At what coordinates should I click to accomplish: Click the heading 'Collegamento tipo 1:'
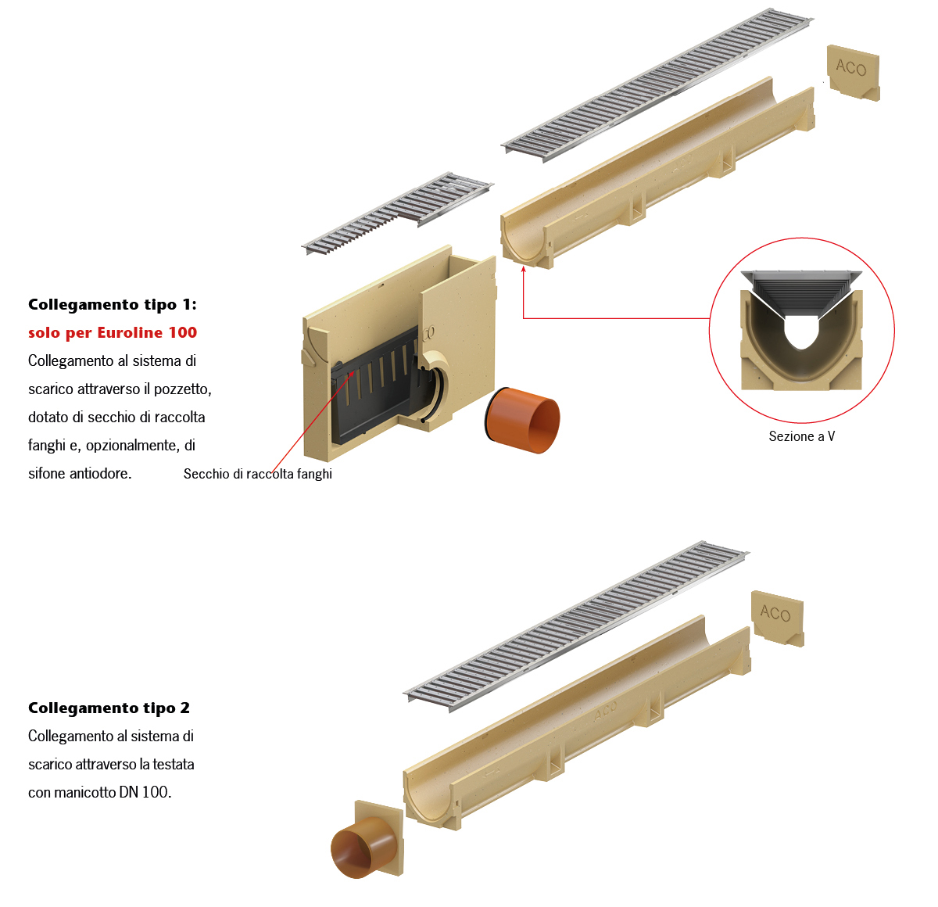[113, 305]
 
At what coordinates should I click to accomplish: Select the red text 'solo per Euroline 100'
[113, 333]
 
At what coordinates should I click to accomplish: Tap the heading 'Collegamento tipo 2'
[109, 708]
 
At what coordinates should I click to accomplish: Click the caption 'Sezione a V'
[801, 436]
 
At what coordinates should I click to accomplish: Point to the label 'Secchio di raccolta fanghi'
[257, 474]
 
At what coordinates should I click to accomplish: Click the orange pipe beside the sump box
[522, 420]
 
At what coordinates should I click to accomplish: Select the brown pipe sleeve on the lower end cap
[358, 847]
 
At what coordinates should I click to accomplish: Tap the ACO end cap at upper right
[853, 73]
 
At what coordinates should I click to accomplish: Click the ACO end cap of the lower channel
[778, 618]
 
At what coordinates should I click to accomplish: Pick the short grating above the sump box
[397, 213]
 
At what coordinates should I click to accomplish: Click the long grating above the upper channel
[657, 84]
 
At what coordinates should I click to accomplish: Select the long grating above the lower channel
[575, 626]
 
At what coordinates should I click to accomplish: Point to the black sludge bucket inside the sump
[375, 385]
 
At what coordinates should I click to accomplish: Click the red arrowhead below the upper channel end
[524, 268]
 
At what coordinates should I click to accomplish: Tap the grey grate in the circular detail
[801, 294]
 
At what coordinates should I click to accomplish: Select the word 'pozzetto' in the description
[182, 389]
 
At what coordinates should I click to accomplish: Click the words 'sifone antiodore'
[80, 474]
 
